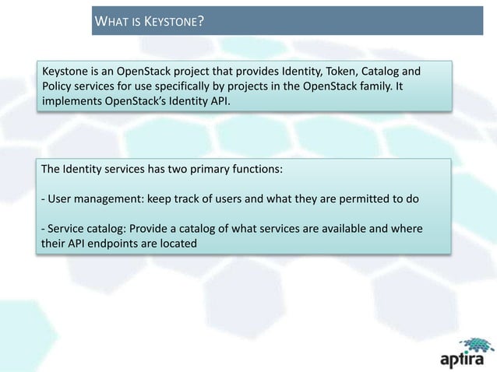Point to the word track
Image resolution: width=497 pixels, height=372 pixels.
pos(199,199)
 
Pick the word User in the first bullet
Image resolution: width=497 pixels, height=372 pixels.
pos(60,199)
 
